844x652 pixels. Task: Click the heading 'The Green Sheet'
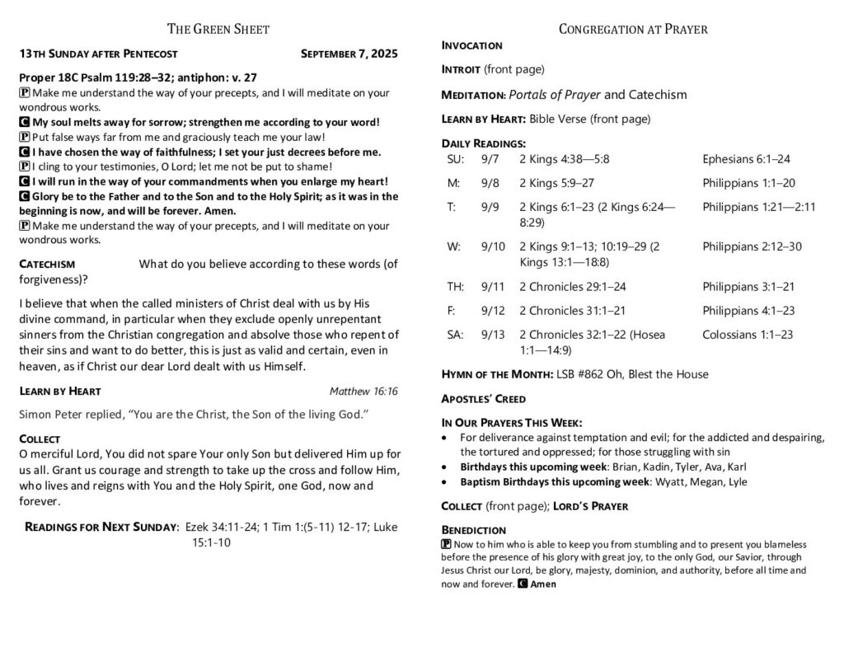pyautogui.click(x=218, y=30)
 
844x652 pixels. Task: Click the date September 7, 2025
pyautogui.click(x=349, y=54)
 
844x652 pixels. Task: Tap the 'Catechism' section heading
pyautogui.click(x=48, y=265)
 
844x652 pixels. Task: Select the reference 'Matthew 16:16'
pyautogui.click(x=363, y=391)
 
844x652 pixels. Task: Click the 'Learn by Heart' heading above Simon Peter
pyautogui.click(x=60, y=391)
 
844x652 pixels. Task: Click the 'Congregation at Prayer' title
pyautogui.click(x=633, y=30)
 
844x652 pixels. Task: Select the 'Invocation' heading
pyautogui.click(x=472, y=45)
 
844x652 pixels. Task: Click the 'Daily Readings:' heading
pyautogui.click(x=483, y=143)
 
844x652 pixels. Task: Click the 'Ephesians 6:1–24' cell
pyautogui.click(x=747, y=159)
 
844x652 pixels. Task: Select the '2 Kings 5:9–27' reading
pyautogui.click(x=556, y=183)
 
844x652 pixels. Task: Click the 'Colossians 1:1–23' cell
pyautogui.click(x=748, y=335)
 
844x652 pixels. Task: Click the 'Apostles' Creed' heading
pyautogui.click(x=484, y=399)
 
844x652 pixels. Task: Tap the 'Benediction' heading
pyautogui.click(x=474, y=529)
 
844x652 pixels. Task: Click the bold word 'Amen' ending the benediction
pyautogui.click(x=543, y=584)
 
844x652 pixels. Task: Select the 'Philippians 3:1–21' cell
pyautogui.click(x=748, y=287)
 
